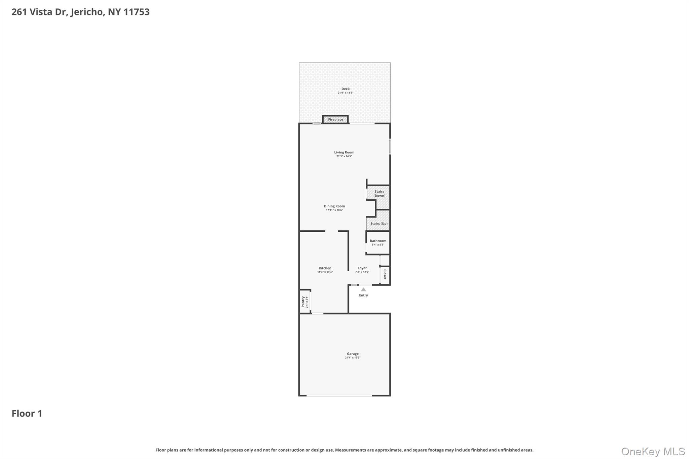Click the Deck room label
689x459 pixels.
click(345, 89)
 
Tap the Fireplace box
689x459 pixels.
click(335, 119)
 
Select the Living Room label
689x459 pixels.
click(344, 152)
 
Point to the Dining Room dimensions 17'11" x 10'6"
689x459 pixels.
click(334, 210)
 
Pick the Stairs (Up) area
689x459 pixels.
click(379, 223)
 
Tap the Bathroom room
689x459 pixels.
click(378, 242)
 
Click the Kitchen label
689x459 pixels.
click(325, 268)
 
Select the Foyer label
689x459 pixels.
click(362, 268)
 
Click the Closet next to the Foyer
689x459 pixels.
click(385, 274)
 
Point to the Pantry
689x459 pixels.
click(304, 302)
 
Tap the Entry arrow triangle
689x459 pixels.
click(363, 290)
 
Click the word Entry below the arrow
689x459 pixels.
click(363, 295)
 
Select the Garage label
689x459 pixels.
click(353, 354)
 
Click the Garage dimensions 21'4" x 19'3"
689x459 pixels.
click(353, 358)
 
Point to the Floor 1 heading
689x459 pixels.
click(27, 413)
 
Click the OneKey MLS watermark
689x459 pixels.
click(653, 451)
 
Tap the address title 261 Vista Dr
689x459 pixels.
click(80, 12)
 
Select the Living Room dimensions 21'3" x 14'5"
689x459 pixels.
click(344, 156)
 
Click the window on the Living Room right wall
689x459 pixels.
click(390, 147)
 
